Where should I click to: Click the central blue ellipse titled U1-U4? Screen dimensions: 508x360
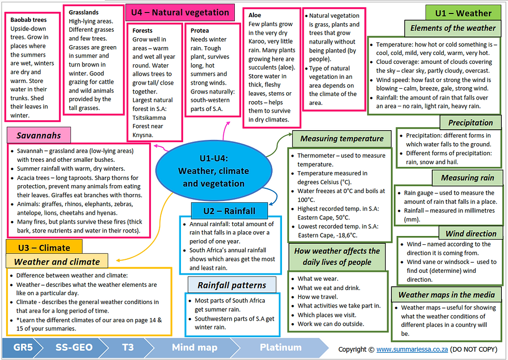(214, 171)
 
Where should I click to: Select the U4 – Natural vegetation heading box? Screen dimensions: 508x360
(180, 12)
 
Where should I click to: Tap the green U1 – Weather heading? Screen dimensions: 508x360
(463, 13)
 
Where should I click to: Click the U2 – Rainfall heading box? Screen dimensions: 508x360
(229, 211)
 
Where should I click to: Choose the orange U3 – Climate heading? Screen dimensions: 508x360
(44, 247)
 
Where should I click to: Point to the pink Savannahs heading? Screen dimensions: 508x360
(39, 135)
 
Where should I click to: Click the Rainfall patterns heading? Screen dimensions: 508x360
(232, 285)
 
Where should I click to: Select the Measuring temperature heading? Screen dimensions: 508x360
(342, 139)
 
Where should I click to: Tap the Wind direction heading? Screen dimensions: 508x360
(471, 233)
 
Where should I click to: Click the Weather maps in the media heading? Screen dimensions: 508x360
(446, 295)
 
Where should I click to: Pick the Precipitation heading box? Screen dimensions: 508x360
(471, 122)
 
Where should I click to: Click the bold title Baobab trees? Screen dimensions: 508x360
(29, 20)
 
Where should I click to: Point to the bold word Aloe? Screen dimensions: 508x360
(255, 15)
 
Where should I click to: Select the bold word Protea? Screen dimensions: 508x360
(200, 31)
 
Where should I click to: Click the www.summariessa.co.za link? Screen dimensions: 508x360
(412, 349)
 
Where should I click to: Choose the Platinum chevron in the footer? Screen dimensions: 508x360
(280, 348)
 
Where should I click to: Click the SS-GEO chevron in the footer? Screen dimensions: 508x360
(74, 348)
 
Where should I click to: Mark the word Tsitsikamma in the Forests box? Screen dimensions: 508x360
(149, 118)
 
